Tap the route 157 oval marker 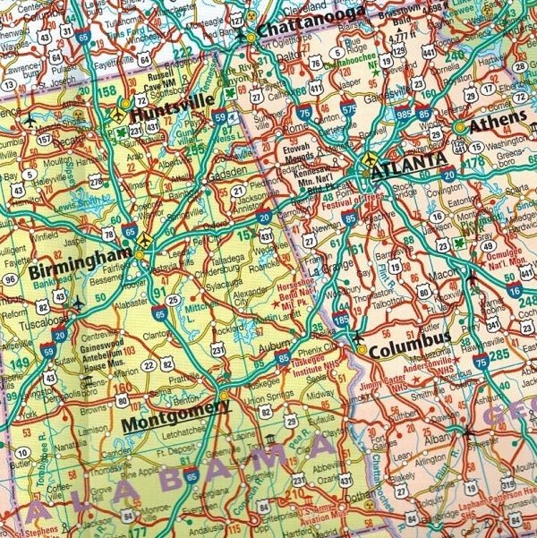(44, 141)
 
